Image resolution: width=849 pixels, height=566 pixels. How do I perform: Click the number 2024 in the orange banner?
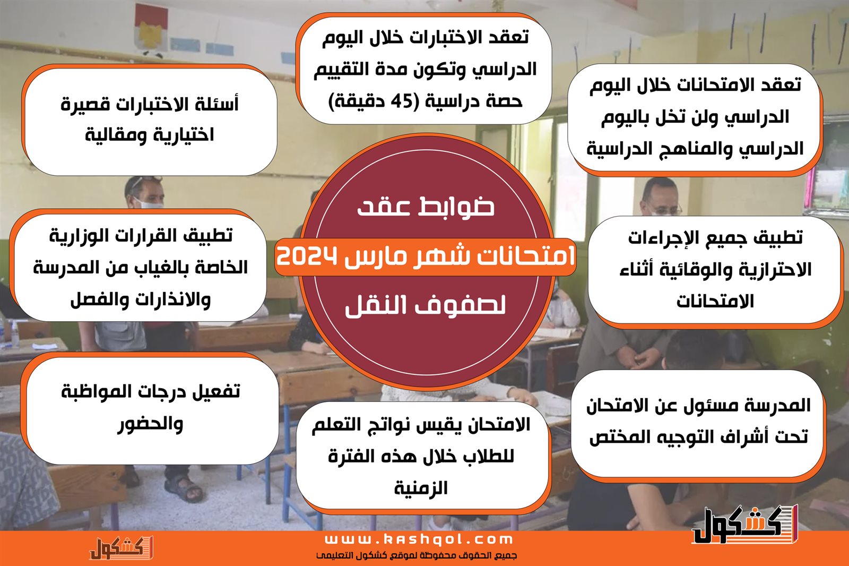[x=307, y=257]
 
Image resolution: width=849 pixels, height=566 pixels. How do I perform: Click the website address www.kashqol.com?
[x=419, y=539]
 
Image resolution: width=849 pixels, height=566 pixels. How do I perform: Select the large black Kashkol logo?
[x=745, y=525]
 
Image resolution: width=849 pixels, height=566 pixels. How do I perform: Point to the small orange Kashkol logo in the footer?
[x=122, y=548]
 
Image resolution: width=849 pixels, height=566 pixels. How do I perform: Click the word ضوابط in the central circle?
[x=456, y=207]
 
